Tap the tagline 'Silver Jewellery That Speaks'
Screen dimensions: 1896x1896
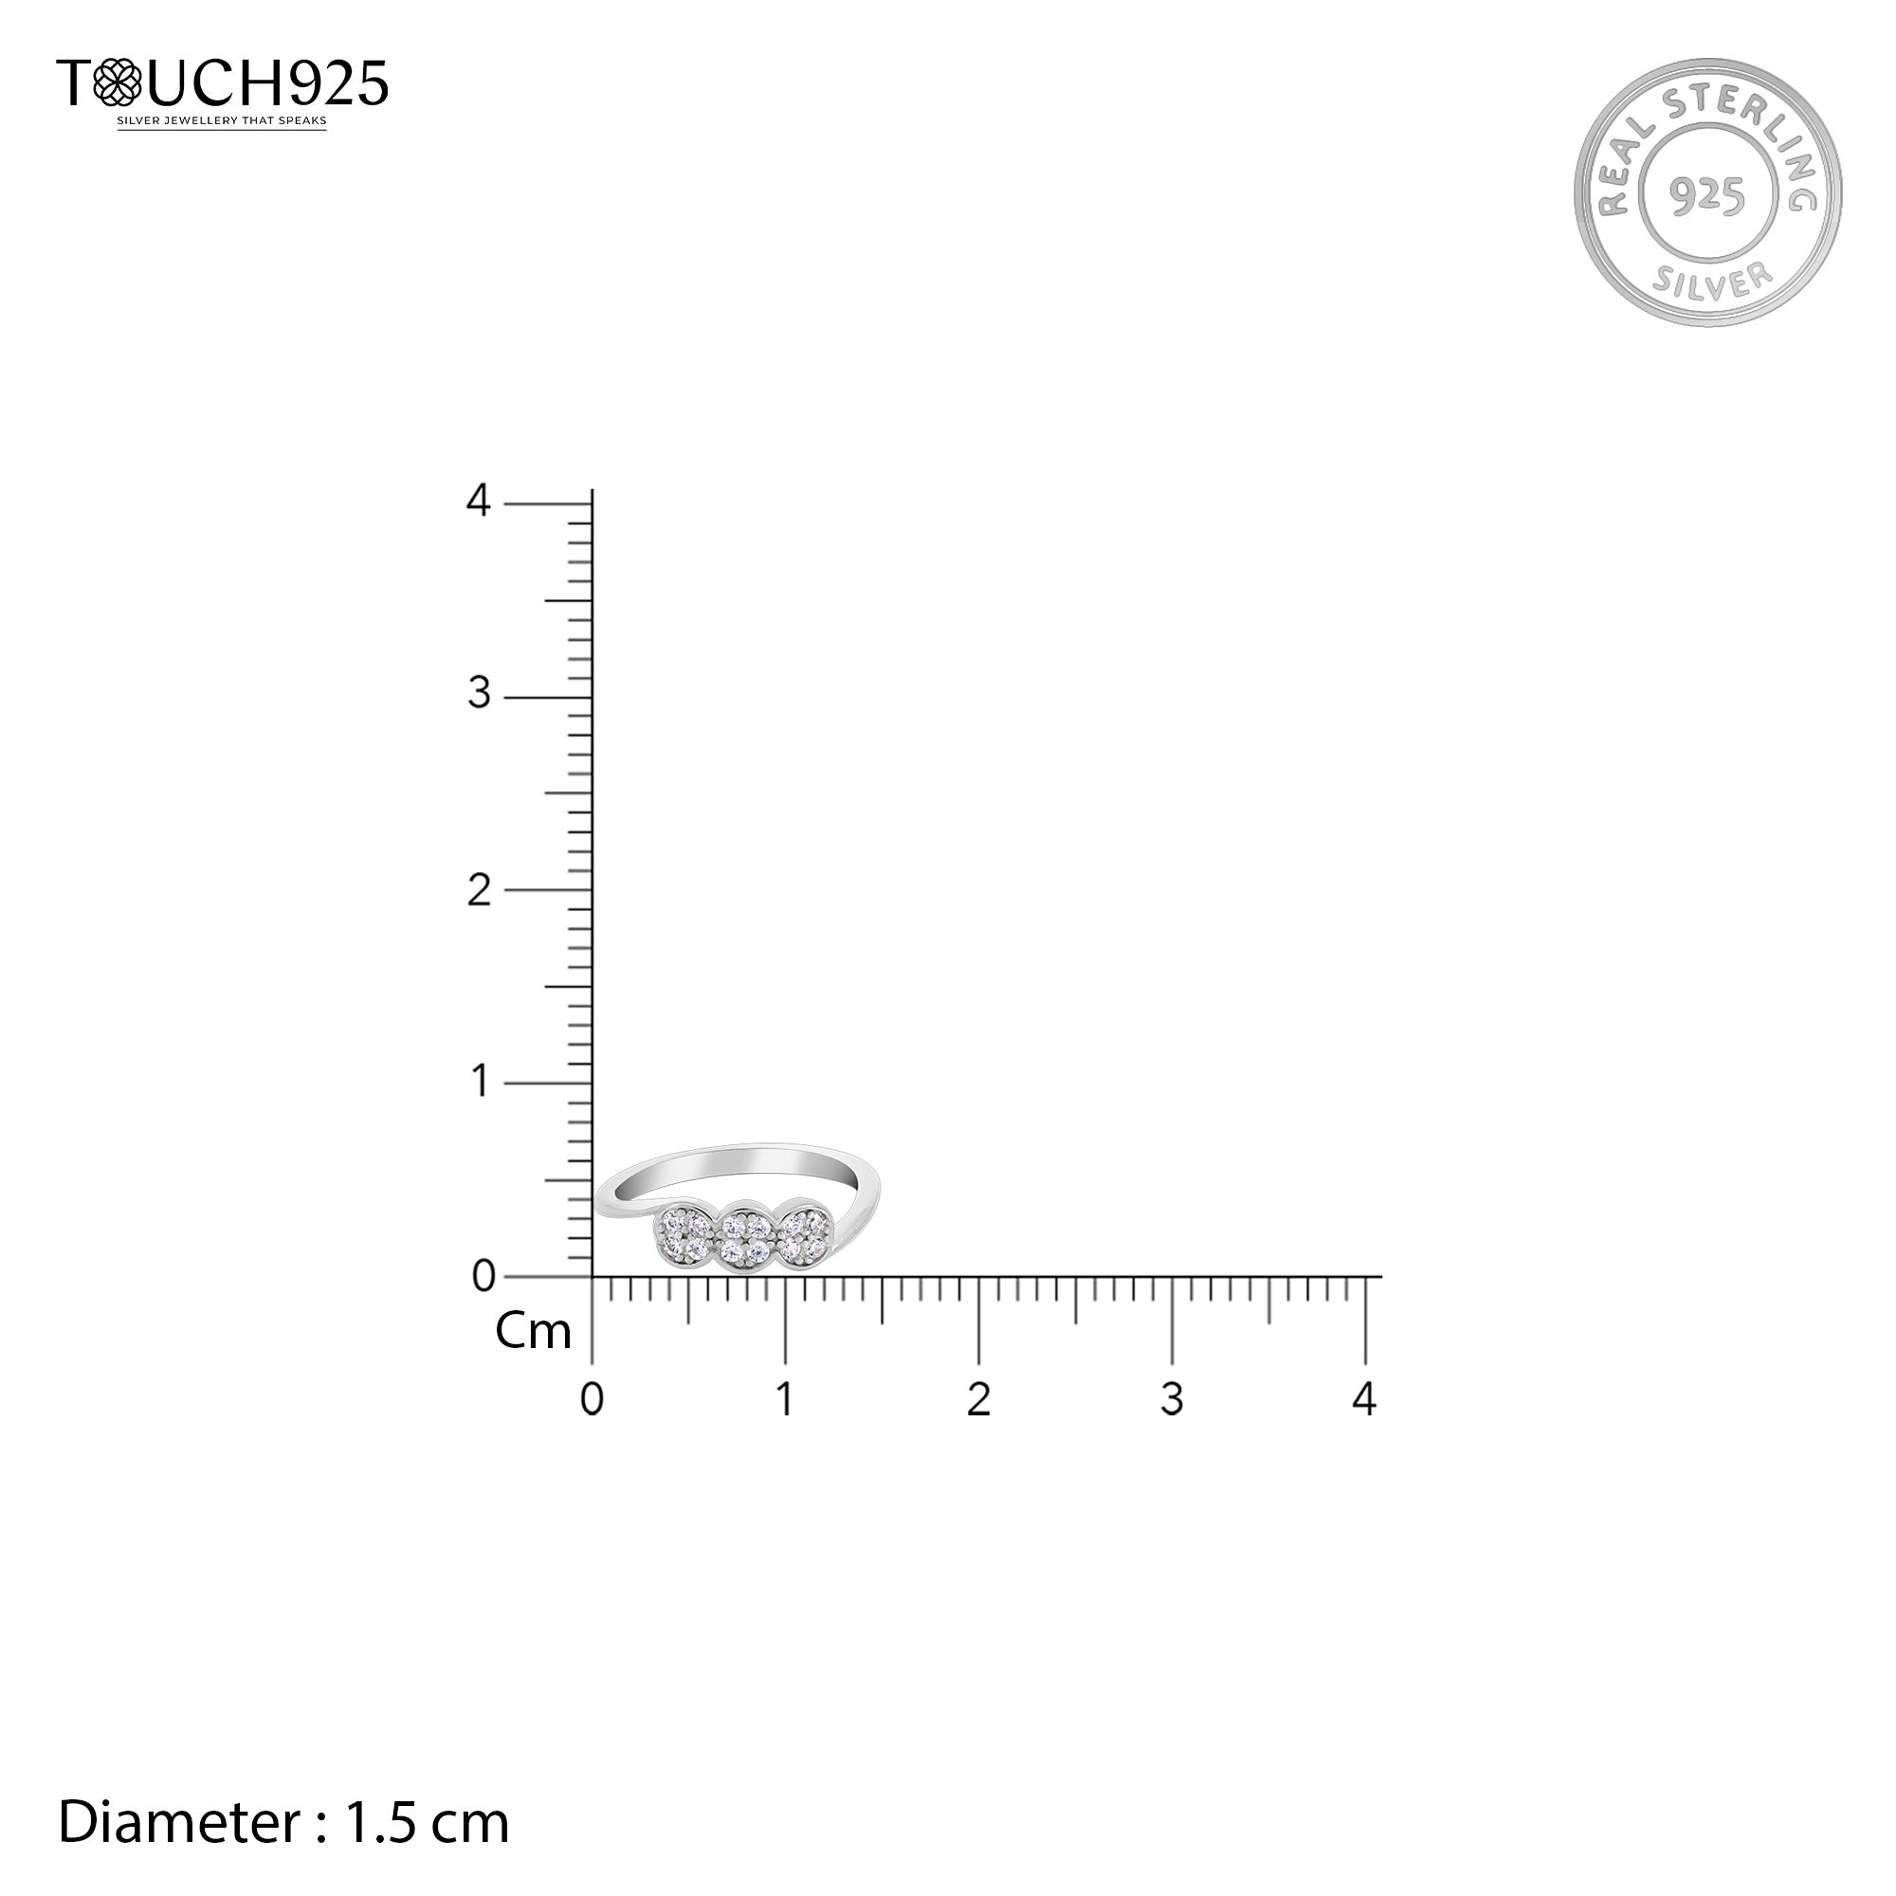[222, 121]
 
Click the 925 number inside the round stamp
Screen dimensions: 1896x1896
[1707, 196]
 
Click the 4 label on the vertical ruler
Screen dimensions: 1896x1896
[478, 501]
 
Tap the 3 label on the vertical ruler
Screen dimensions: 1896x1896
[479, 694]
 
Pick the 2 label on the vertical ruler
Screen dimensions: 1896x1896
[479, 890]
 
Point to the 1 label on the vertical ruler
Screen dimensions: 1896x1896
[480, 1082]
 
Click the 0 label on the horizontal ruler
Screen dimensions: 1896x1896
[592, 1399]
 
